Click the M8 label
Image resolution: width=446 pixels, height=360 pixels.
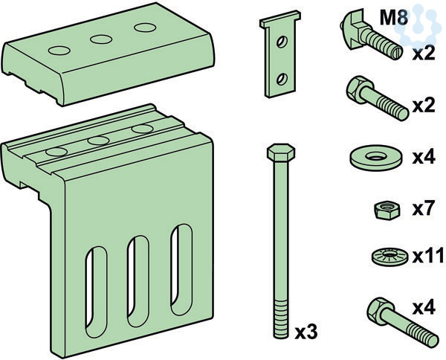pos(394,18)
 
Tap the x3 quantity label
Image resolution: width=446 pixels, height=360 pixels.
pos(306,332)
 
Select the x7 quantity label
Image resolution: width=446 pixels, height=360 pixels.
pos(424,209)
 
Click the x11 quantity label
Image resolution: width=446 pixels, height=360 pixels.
pos(428,256)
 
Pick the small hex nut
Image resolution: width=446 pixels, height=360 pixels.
pos(387,210)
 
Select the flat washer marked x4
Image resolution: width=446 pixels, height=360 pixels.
pos(376,158)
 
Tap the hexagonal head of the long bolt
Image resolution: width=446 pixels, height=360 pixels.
pos(281,152)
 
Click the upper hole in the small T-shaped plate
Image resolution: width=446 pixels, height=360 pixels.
pos(282,42)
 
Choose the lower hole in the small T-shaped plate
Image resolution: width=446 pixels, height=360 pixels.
pos(282,79)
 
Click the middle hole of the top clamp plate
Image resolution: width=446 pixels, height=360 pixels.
pos(101,39)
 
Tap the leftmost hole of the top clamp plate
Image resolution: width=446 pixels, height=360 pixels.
pos(59,51)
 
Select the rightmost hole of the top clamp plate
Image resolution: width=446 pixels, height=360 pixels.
pos(145,28)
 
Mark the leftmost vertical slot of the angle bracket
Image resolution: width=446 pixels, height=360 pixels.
pos(96,292)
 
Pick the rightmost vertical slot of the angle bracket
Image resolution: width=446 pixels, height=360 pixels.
pos(181,270)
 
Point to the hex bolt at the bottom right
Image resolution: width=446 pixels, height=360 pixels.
pos(402,322)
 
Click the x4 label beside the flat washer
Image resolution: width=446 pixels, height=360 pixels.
pos(424,157)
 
